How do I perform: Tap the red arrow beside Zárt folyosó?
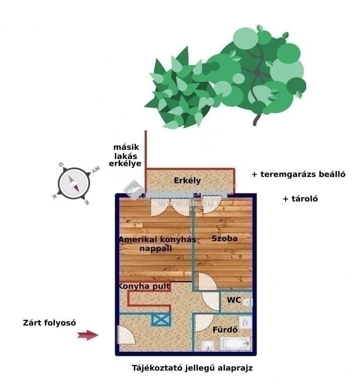coord(88,335)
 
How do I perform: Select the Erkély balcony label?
coord(187,180)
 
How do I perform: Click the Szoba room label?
coord(224,238)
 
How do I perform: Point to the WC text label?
coord(233,300)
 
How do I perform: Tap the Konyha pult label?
coord(143,286)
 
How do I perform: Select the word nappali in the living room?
coord(156,248)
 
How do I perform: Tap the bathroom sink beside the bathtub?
coord(207,345)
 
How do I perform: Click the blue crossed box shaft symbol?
coord(161,320)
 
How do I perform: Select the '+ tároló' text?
coord(300,199)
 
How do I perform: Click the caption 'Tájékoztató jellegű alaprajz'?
coord(192,368)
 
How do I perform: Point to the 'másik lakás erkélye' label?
coord(127,155)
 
